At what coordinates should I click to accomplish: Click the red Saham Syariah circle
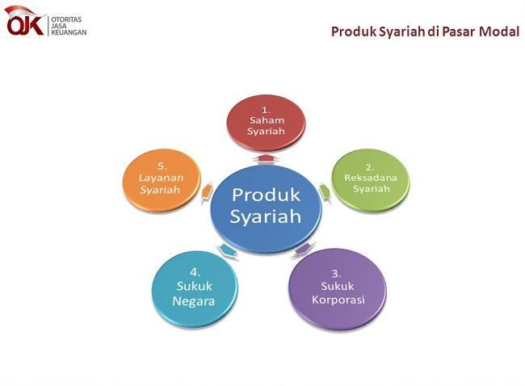[265, 120]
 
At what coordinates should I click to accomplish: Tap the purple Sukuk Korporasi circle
[338, 288]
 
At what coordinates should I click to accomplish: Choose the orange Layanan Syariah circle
[160, 180]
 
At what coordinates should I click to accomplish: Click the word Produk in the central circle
[266, 195]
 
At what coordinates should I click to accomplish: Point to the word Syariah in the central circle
[266, 216]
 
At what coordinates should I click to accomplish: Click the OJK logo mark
[24, 22]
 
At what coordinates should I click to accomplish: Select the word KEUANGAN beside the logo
[68, 32]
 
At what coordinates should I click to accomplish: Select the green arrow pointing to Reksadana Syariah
[325, 191]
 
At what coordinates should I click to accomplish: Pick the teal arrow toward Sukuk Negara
[228, 251]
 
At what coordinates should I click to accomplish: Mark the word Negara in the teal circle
[194, 303]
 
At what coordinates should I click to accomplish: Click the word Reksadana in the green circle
[371, 178]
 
